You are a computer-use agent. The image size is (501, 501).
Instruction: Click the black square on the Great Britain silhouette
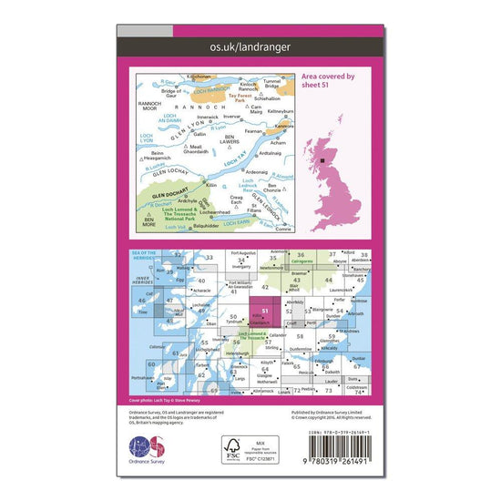pos(322,161)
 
